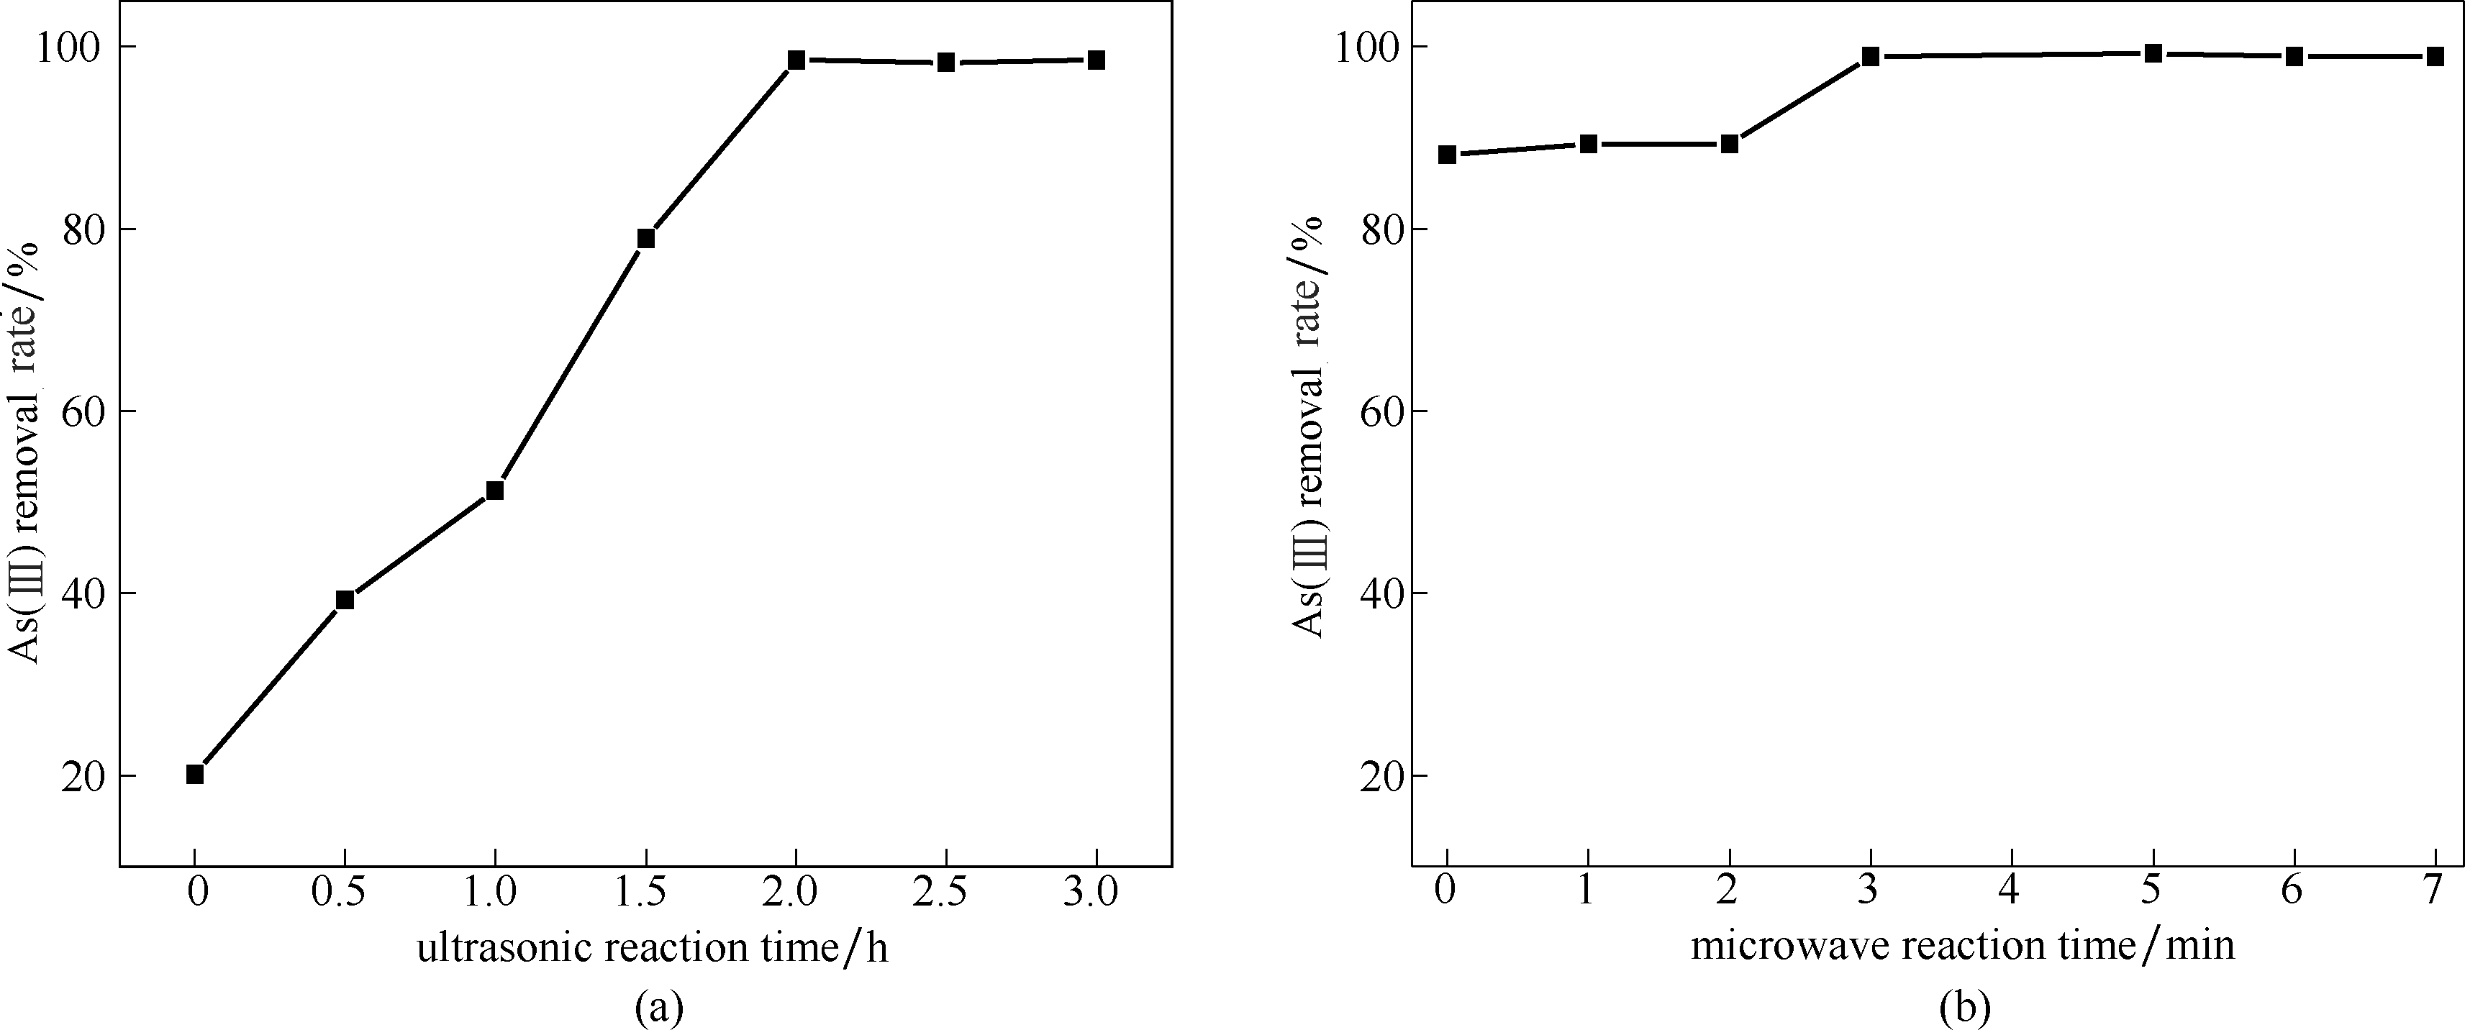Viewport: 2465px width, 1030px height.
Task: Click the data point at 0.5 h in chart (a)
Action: click(x=345, y=600)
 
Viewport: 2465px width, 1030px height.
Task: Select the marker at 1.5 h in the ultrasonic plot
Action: click(x=646, y=238)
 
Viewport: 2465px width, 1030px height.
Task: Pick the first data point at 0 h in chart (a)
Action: click(x=195, y=775)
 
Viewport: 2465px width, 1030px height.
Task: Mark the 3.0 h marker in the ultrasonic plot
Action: click(x=1097, y=60)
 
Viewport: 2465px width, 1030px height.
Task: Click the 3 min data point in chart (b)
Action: click(x=1871, y=56)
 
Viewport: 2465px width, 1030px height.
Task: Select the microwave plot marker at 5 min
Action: click(x=2153, y=53)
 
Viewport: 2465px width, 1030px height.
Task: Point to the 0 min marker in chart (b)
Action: click(x=1447, y=155)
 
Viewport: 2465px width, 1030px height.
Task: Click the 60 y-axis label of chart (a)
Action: click(x=84, y=411)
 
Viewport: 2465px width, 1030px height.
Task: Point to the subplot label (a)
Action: click(x=658, y=1007)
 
